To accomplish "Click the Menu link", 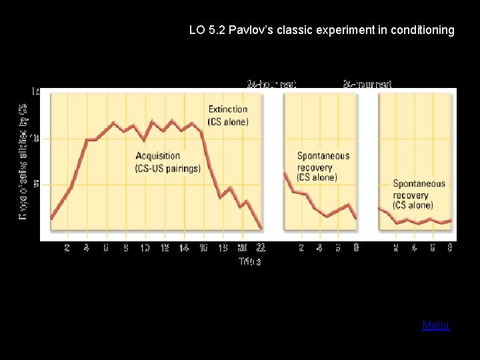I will click(x=435, y=325).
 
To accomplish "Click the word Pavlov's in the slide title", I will click(x=251, y=30).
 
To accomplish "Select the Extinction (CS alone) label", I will click(x=228, y=115).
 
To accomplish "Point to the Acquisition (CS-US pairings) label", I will click(x=167, y=162).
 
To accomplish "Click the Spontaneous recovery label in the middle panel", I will click(x=323, y=166).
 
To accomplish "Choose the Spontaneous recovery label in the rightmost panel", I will click(x=419, y=194).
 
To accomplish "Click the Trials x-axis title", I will click(x=250, y=261).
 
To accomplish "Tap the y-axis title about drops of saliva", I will click(x=23, y=163).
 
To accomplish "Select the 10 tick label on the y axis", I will click(x=35, y=138).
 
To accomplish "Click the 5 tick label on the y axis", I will click(x=37, y=183).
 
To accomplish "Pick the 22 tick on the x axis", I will click(x=261, y=248).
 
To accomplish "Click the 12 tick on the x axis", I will click(x=164, y=248).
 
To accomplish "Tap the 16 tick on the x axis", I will click(x=203, y=248).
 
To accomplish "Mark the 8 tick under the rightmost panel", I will click(x=451, y=248).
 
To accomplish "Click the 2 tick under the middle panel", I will click(x=301, y=248).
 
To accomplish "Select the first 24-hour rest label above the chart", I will click(x=271, y=84).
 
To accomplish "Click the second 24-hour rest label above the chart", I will click(x=367, y=84).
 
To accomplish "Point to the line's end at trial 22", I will click(x=261, y=228).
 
